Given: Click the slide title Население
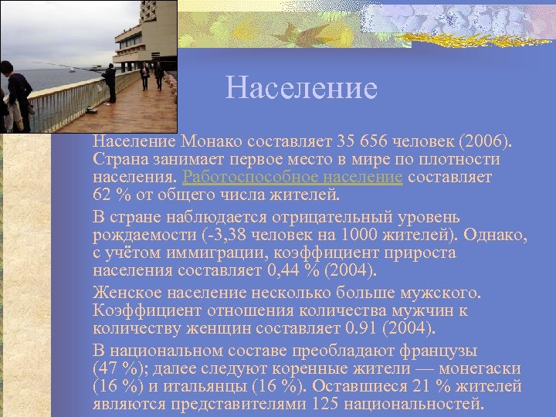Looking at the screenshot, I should click(301, 88).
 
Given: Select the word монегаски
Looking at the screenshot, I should click(480, 368).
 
